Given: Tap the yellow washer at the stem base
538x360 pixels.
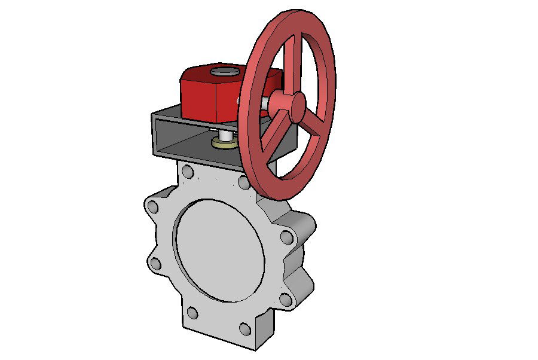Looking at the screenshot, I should (224, 144).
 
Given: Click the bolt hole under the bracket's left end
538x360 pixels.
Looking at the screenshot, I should (188, 172).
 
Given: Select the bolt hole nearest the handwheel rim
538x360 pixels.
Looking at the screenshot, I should (244, 182).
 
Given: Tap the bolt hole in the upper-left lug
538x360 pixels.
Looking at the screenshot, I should (153, 207).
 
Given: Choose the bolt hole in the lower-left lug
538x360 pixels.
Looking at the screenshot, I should (155, 263).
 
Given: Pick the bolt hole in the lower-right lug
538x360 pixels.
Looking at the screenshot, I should (286, 299).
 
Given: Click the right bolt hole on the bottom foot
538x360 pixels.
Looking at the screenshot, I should (244, 328).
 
